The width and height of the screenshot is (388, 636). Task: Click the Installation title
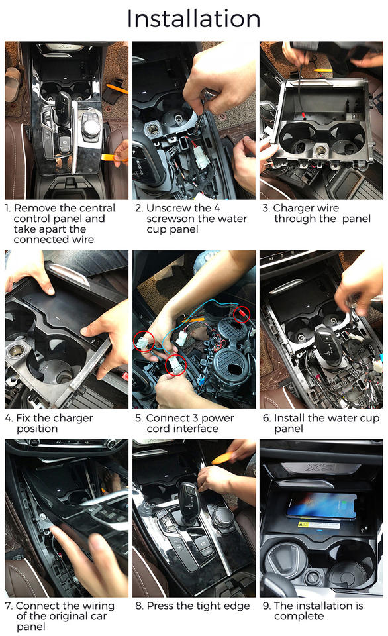(x=193, y=19)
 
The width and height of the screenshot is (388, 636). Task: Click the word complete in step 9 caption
(x=299, y=617)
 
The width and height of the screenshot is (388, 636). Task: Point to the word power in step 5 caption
(x=217, y=418)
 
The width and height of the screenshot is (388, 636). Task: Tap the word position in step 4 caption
(x=37, y=429)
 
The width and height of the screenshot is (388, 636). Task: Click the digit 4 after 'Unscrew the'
(x=217, y=208)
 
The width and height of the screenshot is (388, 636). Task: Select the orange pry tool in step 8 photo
(x=225, y=458)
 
